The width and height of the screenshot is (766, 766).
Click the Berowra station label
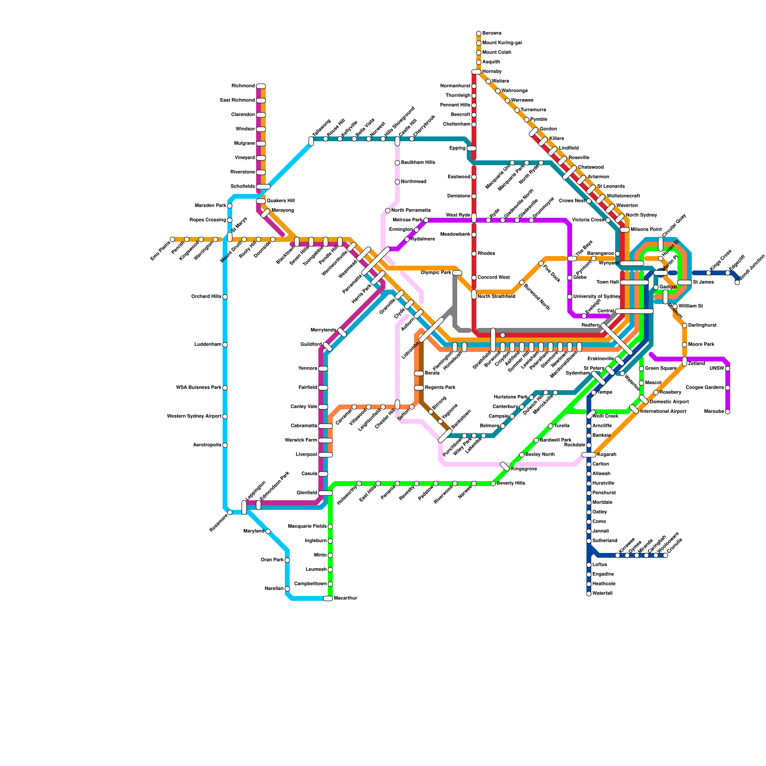492,34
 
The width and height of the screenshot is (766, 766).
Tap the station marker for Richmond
261,86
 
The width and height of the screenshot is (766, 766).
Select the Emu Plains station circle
172,239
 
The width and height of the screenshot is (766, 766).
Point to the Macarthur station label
345,598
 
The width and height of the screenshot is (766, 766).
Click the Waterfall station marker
589,594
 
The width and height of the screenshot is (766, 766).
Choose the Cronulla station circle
665,555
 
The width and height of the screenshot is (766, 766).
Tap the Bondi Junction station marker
737,282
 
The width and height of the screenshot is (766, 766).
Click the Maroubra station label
714,412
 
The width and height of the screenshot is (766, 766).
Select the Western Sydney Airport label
194,417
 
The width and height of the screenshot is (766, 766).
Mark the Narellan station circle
287,589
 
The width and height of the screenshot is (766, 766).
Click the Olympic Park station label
436,273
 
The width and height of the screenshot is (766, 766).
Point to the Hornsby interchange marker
476,72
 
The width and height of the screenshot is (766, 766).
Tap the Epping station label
457,148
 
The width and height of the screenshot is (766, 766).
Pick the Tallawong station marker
311,141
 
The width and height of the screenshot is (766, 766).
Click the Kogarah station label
607,455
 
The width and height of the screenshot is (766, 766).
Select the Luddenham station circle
225,345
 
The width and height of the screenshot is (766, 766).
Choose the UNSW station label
717,369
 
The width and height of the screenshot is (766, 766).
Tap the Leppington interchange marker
244,507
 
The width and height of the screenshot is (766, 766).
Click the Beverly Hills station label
511,484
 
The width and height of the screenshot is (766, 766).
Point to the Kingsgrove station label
524,469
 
